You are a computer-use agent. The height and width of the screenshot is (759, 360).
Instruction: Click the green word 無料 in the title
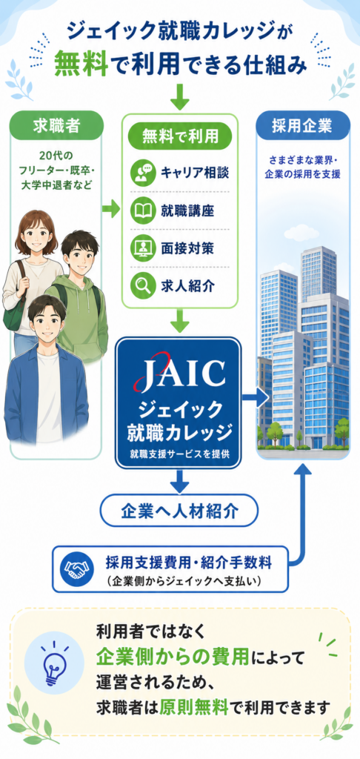(x=81, y=64)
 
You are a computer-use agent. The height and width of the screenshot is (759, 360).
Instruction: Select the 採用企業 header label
(x=302, y=126)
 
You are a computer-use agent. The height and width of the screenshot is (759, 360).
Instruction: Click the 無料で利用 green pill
(x=179, y=137)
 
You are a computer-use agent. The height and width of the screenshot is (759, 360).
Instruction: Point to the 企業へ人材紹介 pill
(x=179, y=510)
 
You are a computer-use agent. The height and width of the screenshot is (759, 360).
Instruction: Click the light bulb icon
(x=57, y=664)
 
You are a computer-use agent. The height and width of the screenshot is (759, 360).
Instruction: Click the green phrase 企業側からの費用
(x=173, y=657)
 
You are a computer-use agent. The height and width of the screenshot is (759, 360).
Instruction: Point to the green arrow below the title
(x=179, y=96)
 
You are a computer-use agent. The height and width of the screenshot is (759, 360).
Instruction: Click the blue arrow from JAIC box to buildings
(x=255, y=397)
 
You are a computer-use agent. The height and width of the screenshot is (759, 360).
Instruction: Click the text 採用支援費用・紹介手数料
(x=189, y=563)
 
